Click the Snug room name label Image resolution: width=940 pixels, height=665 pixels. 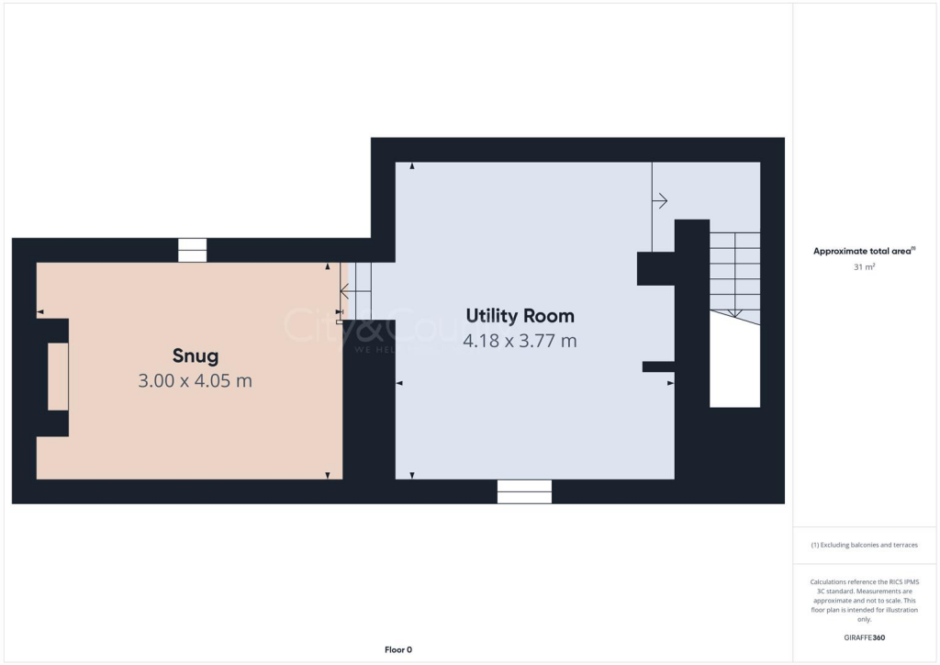pos(195,355)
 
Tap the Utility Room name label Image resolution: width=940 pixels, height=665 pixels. pos(520,316)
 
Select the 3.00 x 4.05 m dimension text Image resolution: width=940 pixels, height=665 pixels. pos(195,380)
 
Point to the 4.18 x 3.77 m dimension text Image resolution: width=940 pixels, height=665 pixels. pos(520,341)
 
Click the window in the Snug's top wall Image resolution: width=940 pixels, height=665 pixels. pos(192,250)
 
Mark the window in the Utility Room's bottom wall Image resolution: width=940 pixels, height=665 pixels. pos(524,491)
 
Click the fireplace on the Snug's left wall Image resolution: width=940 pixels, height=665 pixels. pos(57,377)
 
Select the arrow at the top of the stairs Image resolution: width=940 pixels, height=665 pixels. pos(659,201)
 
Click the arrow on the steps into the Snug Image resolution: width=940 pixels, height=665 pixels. pos(348,291)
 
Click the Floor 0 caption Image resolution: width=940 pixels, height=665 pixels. pos(397,649)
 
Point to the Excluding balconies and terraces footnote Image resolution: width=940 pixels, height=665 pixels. pos(865,545)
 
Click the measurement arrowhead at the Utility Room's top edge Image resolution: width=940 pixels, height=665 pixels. pos(412,166)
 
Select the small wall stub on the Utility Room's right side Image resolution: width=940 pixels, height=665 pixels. pos(657,366)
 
